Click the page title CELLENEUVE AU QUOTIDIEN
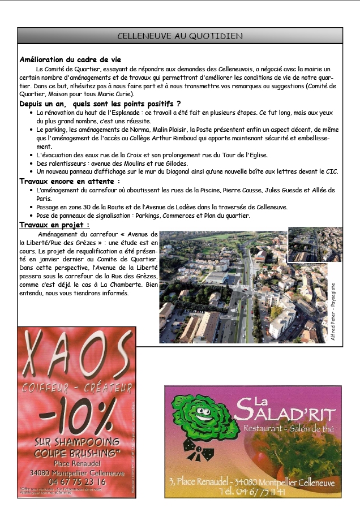pos(180,36)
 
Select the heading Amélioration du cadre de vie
pos(70,59)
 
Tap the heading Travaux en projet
pos(54,225)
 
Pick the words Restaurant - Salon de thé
pos(288,429)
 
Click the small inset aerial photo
pos(315,244)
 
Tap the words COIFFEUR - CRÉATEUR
pos(70,388)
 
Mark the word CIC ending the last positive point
pos(332,171)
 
